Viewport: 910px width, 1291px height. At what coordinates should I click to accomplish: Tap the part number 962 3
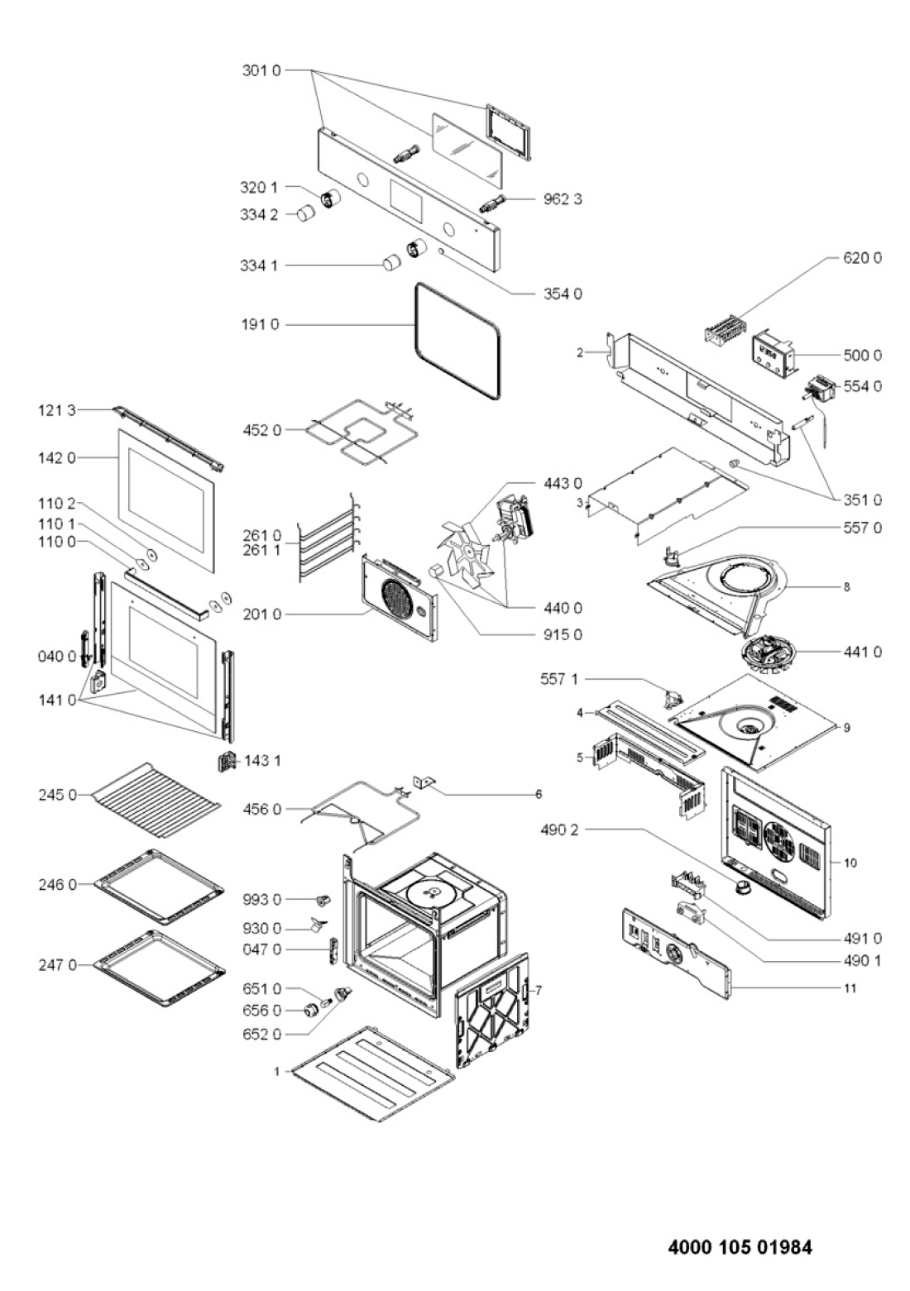point(563,199)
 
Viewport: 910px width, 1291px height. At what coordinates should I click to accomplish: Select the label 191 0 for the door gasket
point(260,325)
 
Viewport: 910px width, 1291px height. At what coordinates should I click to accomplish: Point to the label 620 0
point(862,258)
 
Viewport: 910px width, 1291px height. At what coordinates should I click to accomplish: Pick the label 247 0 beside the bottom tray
point(57,965)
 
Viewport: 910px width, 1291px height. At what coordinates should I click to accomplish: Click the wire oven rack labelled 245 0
point(156,801)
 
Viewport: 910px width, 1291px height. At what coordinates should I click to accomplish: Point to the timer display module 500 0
point(771,358)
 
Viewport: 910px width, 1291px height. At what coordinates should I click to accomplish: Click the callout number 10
point(850,863)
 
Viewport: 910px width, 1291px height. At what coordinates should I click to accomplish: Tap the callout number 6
point(539,794)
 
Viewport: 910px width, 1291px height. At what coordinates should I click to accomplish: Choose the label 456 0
point(262,810)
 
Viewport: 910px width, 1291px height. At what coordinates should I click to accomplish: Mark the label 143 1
point(262,761)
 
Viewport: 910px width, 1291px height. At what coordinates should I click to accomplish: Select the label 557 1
point(558,680)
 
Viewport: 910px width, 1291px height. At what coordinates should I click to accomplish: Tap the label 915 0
point(563,634)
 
